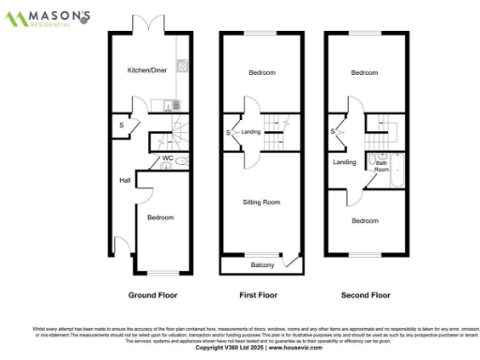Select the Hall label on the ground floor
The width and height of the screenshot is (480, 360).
tap(124, 180)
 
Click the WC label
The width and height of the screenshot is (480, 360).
tap(167, 158)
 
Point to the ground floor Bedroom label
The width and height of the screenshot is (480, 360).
tap(160, 217)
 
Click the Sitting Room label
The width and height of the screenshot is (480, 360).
tap(261, 202)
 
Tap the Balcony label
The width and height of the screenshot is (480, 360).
tap(262, 266)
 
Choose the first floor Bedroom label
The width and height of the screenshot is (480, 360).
tap(262, 72)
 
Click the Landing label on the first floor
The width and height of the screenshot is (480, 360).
tap(250, 131)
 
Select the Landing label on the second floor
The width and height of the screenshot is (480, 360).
tap(344, 163)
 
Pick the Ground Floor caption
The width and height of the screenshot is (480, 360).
tap(153, 294)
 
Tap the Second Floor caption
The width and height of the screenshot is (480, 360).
tap(365, 294)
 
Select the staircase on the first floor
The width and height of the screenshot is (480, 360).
tap(277, 125)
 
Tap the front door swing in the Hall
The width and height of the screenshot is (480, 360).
tap(121, 247)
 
